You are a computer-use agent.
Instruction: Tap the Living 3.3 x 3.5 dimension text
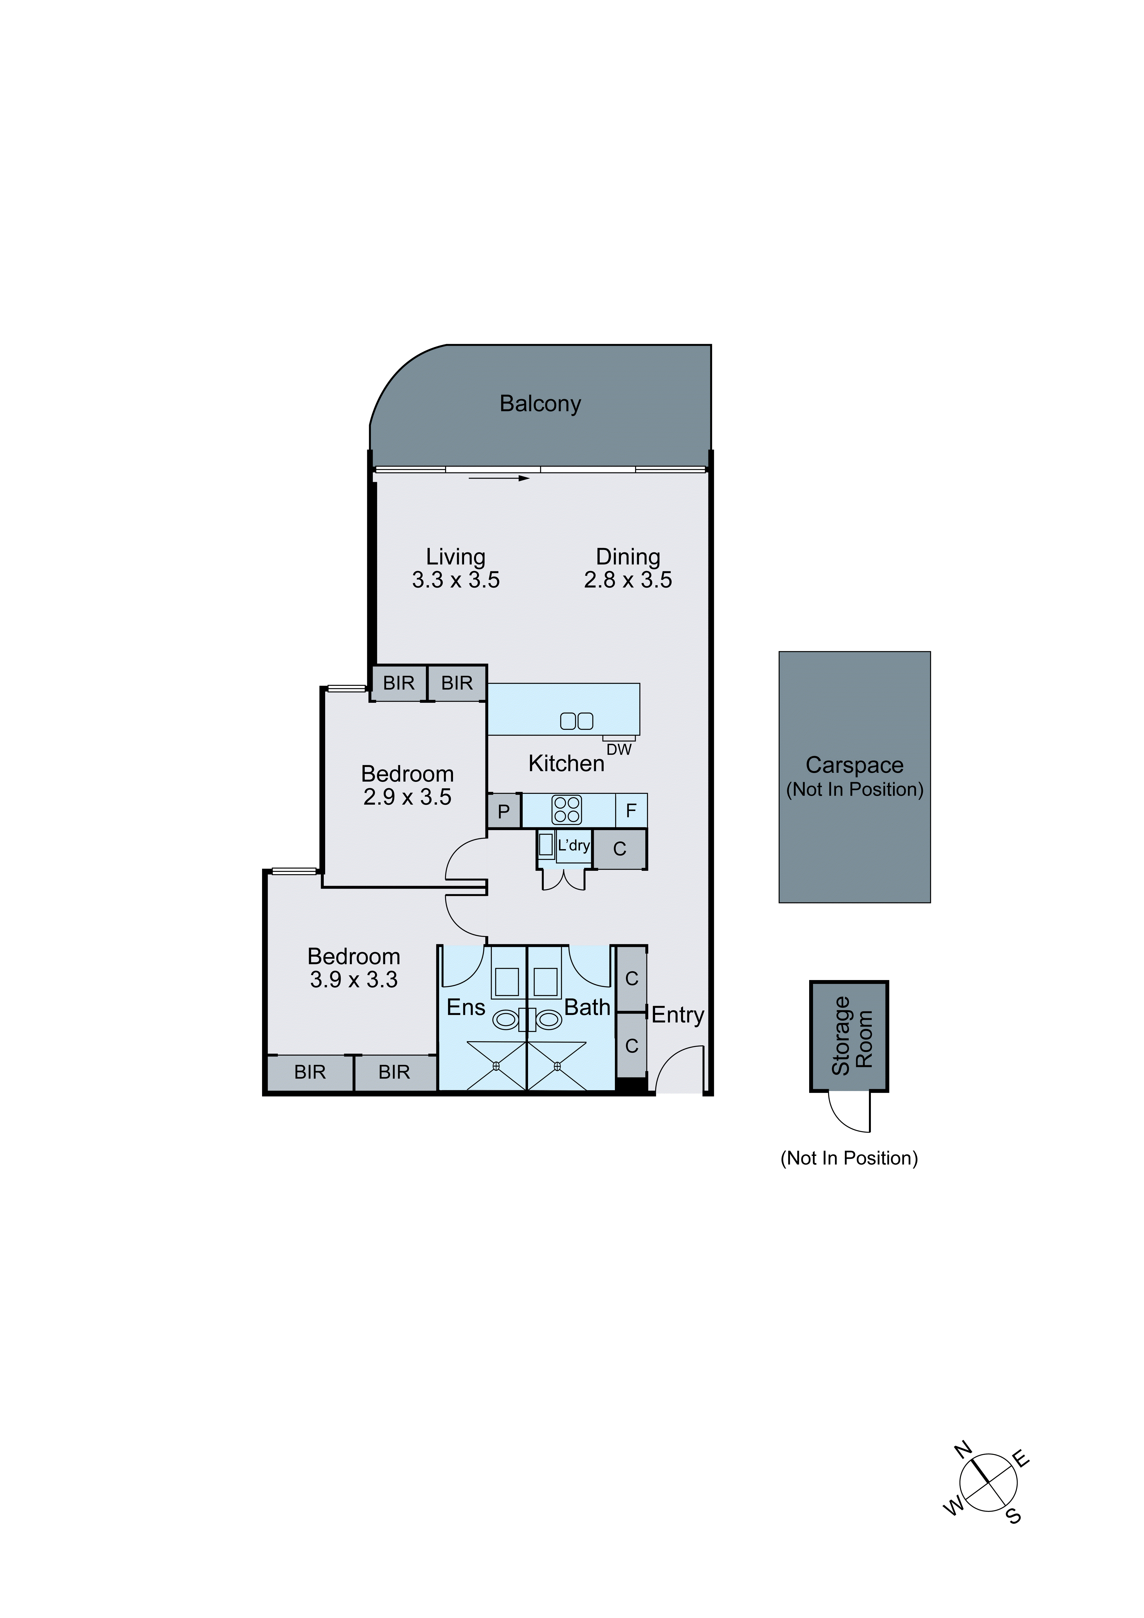coord(456,580)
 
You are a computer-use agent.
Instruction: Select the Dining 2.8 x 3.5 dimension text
coord(628,580)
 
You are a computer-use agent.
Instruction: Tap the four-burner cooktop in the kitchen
coord(567,810)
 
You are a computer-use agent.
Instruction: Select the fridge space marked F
coord(631,810)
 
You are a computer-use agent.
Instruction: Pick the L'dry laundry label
coord(573,845)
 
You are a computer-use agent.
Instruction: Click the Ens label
coord(466,1008)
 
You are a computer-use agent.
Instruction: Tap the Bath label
coord(587,1008)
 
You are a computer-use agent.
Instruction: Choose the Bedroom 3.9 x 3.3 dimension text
coord(354,979)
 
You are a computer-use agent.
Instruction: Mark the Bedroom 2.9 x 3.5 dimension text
coord(407,797)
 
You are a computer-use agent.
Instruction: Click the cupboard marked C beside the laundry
coord(619,849)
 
